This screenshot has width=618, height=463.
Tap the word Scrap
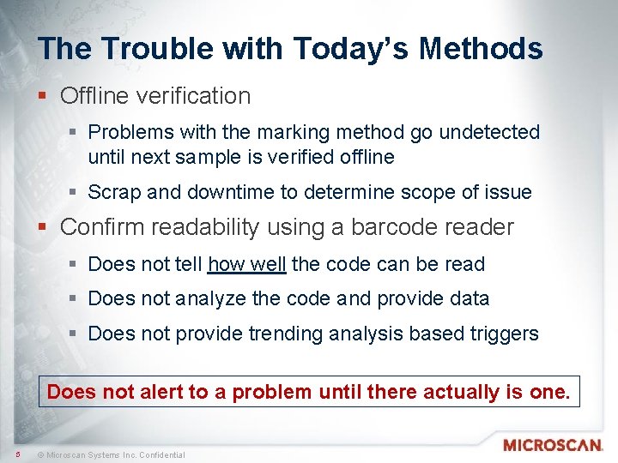click(114, 192)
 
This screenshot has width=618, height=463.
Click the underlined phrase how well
click(247, 264)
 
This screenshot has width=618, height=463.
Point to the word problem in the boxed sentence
click(270, 392)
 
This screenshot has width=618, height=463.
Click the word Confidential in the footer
click(160, 454)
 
